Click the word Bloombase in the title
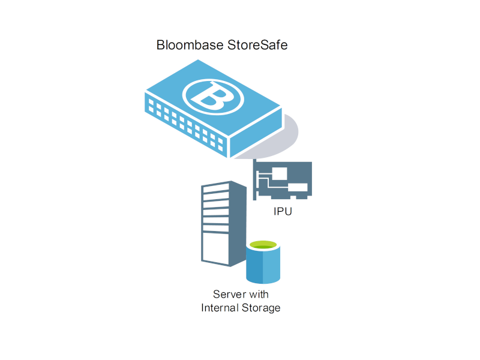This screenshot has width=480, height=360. pos(190,44)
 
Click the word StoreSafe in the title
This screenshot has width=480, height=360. pos(257,44)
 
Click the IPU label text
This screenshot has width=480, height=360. pos(283,211)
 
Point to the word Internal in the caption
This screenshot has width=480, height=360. pos(220,308)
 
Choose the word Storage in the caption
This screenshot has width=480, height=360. pos(261,308)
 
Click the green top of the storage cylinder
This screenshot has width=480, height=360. pos(263,245)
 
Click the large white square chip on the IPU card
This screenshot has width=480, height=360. pos(280,173)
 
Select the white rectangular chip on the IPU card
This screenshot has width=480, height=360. pos(298,187)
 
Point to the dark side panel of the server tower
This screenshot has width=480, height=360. pos(238,223)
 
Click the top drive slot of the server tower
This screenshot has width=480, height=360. pos(216,187)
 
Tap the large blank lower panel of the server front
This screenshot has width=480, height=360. pos(215,248)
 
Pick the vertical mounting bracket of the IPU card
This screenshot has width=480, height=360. pos(254,179)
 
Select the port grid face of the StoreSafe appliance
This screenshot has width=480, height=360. pos(186,124)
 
